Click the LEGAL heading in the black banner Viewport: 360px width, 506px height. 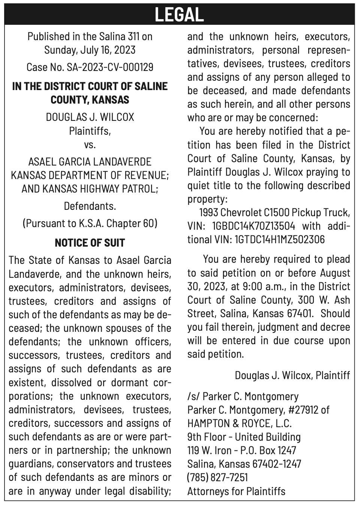tap(179, 14)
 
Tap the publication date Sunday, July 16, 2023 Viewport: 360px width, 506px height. tap(90, 50)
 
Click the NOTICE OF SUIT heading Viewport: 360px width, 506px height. tap(90, 243)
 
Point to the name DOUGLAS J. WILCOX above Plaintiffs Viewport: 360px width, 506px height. tap(90, 117)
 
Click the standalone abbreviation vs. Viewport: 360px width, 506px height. tap(90, 144)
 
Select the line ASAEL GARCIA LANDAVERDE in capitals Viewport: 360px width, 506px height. tap(90, 162)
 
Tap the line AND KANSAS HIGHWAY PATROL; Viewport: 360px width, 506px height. tap(90, 189)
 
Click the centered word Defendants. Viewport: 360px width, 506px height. tap(90, 206)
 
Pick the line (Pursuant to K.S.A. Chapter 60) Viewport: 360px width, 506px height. tap(90, 223)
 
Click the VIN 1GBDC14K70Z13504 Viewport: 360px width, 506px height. tap(253, 226)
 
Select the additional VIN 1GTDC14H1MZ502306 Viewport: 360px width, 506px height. tap(279, 239)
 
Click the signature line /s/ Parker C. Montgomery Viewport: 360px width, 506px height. tap(243, 396)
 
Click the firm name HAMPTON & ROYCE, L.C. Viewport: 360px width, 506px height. tap(239, 423)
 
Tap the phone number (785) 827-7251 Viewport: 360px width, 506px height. tap(217, 477)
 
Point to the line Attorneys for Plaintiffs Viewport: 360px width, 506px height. tap(236, 491)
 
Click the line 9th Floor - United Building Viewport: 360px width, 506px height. tap(244, 437)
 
